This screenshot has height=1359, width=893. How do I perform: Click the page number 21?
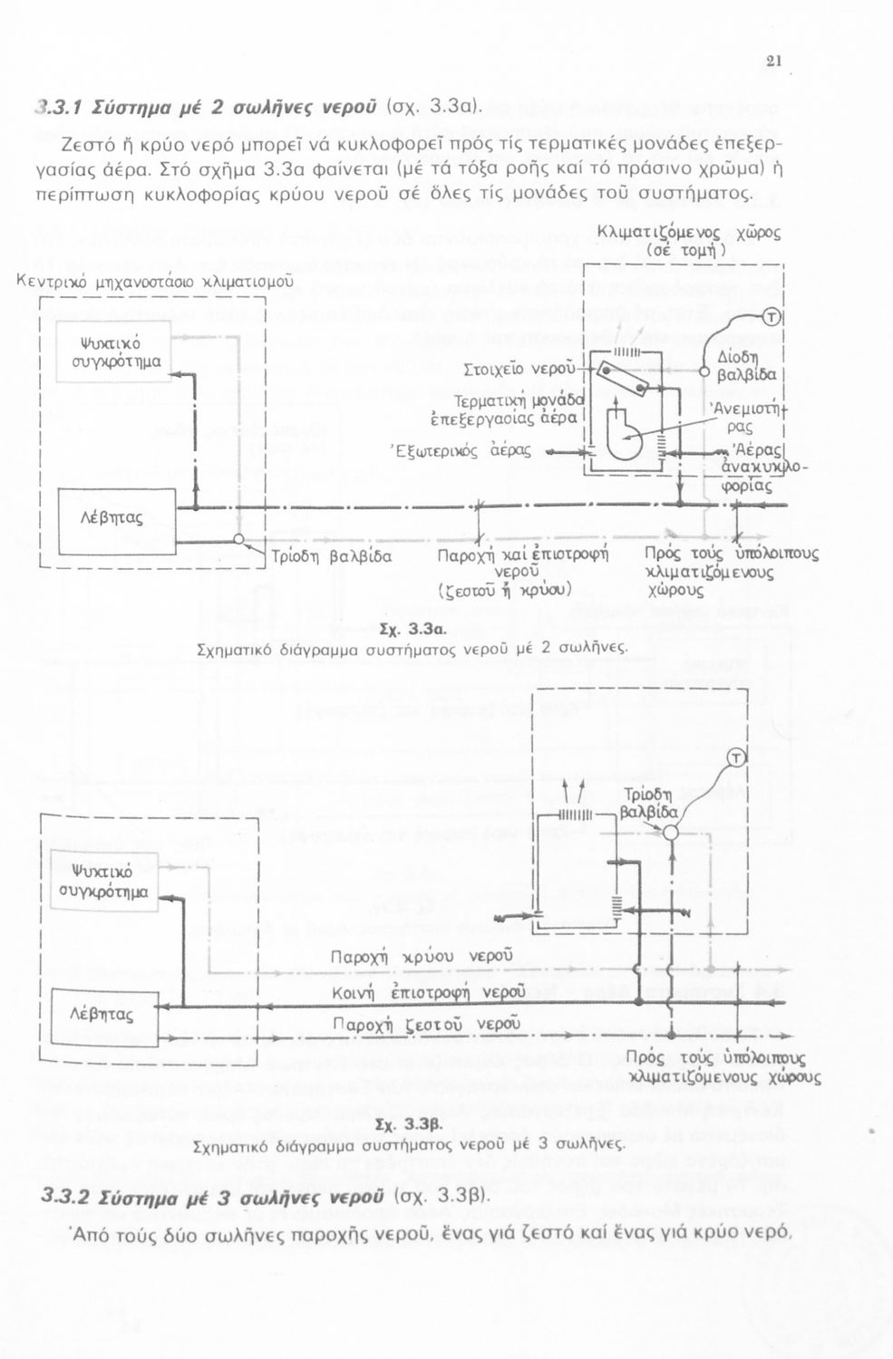772,62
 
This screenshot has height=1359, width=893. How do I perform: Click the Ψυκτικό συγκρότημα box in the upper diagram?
114,352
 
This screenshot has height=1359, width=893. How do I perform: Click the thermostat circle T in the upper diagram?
772,316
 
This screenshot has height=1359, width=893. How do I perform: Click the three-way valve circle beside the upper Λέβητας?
238,540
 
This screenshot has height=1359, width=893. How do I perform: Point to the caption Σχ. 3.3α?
410,630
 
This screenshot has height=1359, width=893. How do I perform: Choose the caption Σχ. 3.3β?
409,1126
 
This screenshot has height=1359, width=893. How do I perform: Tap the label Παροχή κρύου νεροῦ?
422,957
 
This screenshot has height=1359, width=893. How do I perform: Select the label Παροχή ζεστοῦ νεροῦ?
427,1024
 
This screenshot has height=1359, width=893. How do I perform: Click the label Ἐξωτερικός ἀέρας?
461,449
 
